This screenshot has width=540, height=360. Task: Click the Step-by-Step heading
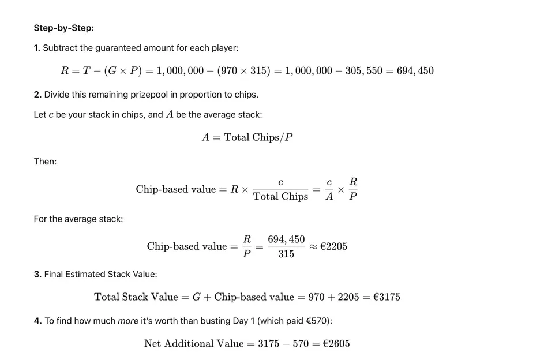pyautogui.click(x=63, y=28)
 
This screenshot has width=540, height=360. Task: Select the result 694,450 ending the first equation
pyautogui.click(x=415, y=71)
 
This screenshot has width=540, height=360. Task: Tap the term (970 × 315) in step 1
pyautogui.click(x=243, y=71)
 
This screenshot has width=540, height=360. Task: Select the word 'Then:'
pyautogui.click(x=45, y=162)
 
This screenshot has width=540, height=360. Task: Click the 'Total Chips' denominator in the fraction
pyautogui.click(x=280, y=197)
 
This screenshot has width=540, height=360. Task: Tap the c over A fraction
pyautogui.click(x=329, y=189)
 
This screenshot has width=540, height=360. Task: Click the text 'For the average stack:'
pyautogui.click(x=78, y=219)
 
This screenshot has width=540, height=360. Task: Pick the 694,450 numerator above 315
pyautogui.click(x=286, y=239)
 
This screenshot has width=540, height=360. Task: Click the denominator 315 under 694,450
pyautogui.click(x=286, y=254)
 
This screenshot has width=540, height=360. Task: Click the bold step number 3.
pyautogui.click(x=37, y=274)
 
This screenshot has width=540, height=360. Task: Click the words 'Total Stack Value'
pyautogui.click(x=136, y=297)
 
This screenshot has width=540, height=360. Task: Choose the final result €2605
pyautogui.click(x=336, y=344)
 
